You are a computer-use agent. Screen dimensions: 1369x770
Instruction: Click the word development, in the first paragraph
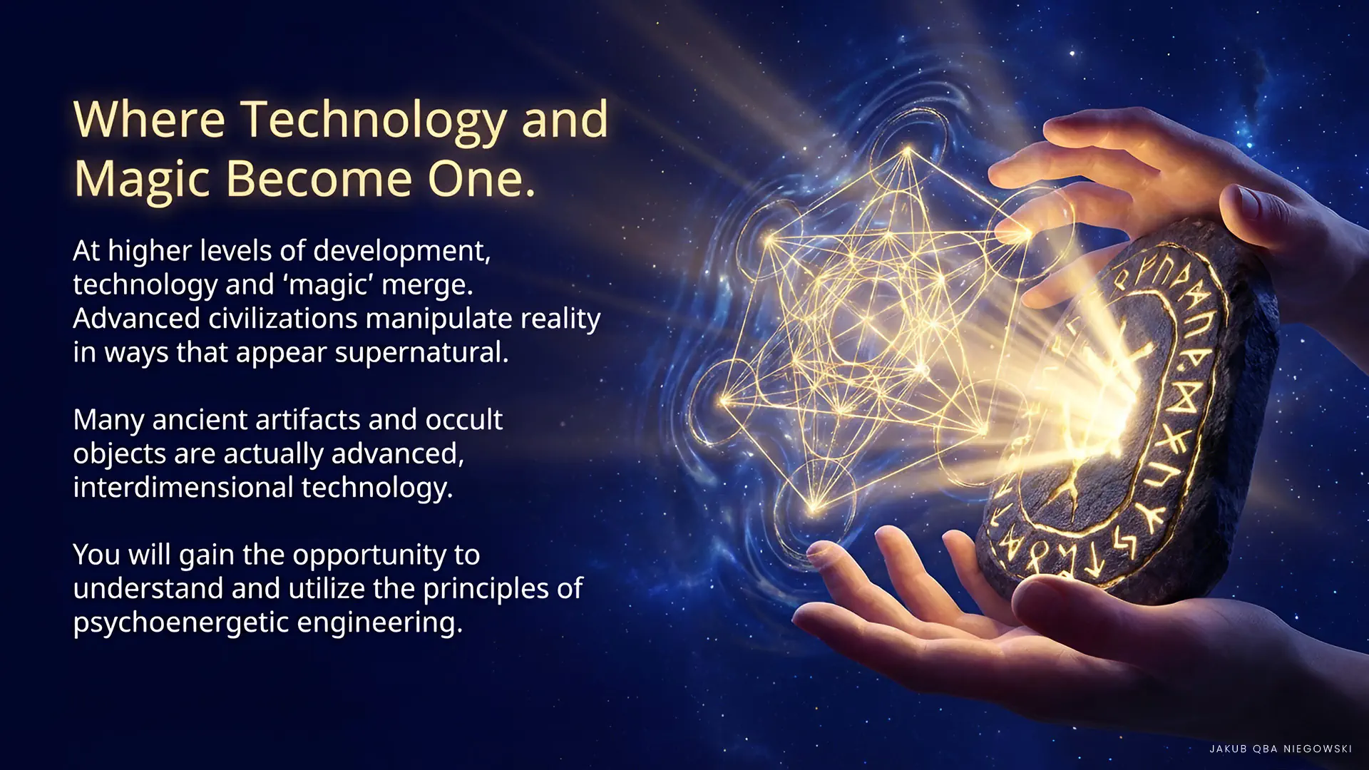point(402,251)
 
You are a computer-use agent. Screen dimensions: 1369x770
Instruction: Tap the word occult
point(464,419)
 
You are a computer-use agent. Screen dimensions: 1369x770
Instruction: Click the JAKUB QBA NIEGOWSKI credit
point(1281,749)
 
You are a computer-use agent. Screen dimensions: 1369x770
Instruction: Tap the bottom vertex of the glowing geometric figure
point(815,508)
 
